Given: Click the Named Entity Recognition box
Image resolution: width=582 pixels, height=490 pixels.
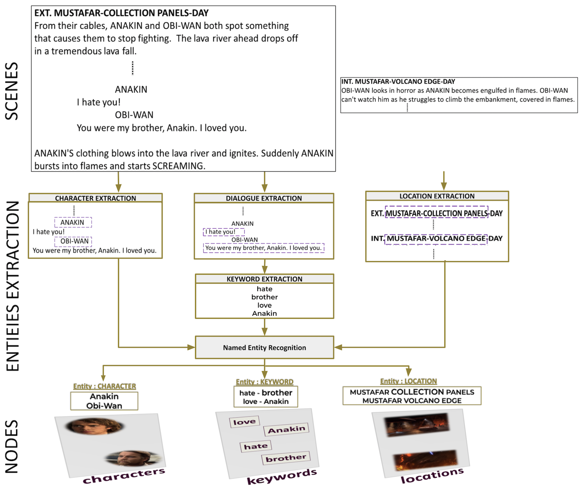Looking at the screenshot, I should point(264,348).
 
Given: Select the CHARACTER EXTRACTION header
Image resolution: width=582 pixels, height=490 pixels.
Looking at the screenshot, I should point(95,198).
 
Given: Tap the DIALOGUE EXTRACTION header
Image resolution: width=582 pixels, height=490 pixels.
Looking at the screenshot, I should point(264,198).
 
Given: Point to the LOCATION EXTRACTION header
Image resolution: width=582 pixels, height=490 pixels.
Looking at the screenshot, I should point(437,196).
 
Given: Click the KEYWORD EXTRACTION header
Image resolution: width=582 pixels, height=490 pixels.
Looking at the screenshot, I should point(264,279).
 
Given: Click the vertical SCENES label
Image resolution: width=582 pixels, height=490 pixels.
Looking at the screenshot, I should point(12,91).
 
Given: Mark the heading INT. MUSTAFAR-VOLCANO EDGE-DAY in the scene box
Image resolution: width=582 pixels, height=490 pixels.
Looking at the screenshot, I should point(398,81).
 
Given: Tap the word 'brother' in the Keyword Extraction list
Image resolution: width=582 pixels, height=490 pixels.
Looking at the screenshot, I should point(264,297).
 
